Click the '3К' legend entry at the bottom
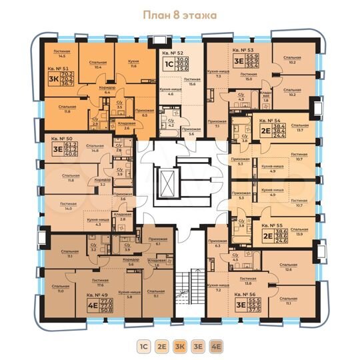click(179, 346)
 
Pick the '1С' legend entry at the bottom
click(143, 346)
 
